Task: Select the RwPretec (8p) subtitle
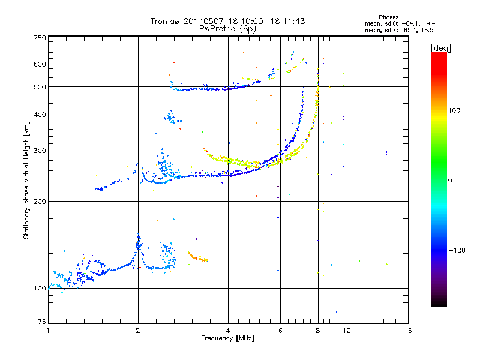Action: coord(227,28)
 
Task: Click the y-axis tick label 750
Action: coord(40,37)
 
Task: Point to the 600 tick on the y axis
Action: coord(40,64)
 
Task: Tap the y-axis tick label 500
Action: coord(40,87)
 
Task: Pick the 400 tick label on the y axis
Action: coord(40,115)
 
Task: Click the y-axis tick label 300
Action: coord(40,151)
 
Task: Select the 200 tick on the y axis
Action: coord(40,201)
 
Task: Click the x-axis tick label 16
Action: coord(407,331)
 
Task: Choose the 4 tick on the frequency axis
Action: coord(228,331)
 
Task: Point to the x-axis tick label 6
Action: coord(281,331)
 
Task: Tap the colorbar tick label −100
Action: coord(457,250)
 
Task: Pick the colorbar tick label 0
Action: coord(451,180)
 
